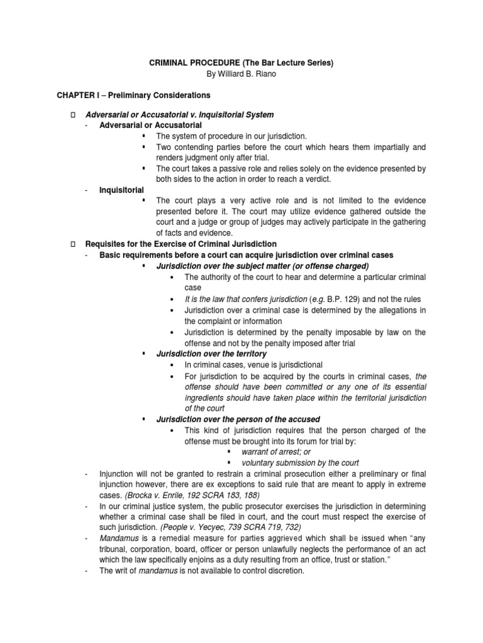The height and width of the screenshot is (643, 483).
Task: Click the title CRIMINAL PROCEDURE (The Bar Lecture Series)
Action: point(241,63)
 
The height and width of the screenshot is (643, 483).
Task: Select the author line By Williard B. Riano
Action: point(241,75)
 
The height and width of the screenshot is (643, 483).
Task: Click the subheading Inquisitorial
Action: point(121,190)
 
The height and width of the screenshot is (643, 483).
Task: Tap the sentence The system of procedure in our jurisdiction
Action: point(231,136)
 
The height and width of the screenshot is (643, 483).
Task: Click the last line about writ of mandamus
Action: point(201,571)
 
